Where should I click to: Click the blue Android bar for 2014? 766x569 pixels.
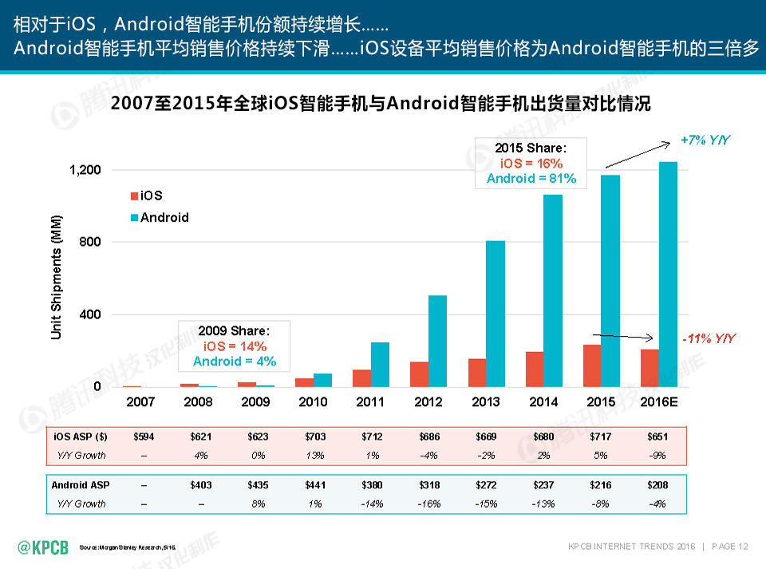point(553,290)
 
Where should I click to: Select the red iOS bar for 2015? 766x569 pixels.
point(591,366)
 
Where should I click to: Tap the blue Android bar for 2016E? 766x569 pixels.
point(668,275)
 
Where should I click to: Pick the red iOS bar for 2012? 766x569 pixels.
point(419,374)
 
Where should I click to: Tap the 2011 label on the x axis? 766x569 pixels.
point(370,402)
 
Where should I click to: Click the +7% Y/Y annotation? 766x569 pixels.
point(705,140)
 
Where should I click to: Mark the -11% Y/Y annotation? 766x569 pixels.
point(709,339)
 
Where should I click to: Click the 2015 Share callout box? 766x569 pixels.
point(531,163)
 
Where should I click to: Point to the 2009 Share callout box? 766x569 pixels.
point(235,346)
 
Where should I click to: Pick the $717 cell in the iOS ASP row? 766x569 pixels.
point(600,437)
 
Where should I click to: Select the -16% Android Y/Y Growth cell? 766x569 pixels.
point(428,504)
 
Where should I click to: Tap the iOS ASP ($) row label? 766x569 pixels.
point(80,437)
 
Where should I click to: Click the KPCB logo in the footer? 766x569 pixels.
point(43,547)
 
